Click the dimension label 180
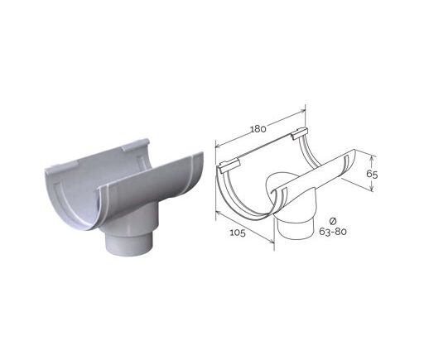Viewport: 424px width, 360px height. [258, 129]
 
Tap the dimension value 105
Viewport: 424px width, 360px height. [238, 233]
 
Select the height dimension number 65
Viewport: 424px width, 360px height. [372, 174]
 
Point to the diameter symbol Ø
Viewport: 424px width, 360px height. [333, 221]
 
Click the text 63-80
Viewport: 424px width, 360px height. [333, 232]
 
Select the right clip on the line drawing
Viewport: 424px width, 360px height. [300, 132]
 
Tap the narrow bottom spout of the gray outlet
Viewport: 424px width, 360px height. [129, 245]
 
